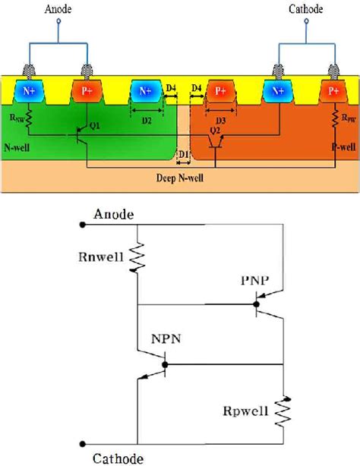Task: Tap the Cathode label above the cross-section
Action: (x=306, y=9)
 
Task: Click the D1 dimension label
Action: (x=182, y=156)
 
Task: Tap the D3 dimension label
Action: (x=220, y=120)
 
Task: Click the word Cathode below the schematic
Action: (x=113, y=458)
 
